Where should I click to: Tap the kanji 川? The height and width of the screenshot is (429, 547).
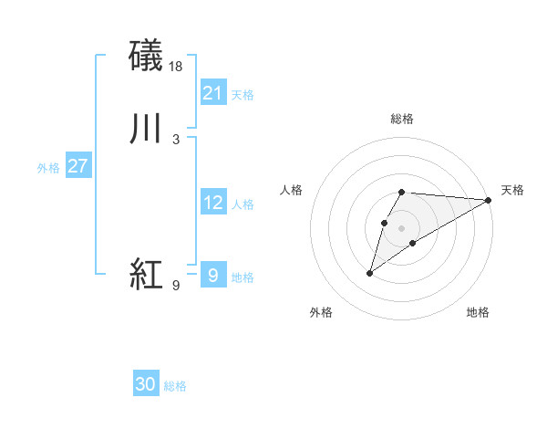click(x=147, y=129)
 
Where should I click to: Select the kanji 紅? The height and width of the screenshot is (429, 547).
click(x=147, y=274)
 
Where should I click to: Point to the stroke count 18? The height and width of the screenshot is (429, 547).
click(x=177, y=66)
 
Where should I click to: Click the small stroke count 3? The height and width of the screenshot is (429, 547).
click(x=175, y=139)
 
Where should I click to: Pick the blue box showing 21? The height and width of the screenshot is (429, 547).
click(x=212, y=93)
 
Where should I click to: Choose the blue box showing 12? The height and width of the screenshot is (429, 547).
click(x=212, y=203)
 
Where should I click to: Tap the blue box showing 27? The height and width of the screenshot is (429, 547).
click(x=77, y=166)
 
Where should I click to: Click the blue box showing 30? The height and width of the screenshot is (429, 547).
click(x=146, y=384)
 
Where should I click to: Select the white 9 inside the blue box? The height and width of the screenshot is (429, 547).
click(x=212, y=275)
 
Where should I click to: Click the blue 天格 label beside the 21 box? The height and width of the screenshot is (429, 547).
click(x=243, y=95)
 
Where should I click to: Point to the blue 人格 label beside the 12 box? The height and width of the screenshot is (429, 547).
click(x=243, y=204)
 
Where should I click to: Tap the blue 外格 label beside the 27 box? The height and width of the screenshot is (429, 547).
click(x=48, y=168)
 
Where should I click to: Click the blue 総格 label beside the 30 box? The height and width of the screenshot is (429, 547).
click(x=175, y=386)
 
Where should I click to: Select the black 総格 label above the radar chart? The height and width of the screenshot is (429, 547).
click(x=401, y=119)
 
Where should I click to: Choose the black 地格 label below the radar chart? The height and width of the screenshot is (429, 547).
click(x=478, y=312)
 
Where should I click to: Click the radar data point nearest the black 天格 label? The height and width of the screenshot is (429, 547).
click(x=488, y=200)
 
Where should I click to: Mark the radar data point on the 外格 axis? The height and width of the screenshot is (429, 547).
click(x=370, y=272)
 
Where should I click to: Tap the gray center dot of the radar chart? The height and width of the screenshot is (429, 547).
click(x=401, y=228)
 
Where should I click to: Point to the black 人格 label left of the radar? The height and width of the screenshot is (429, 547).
click(x=291, y=190)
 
